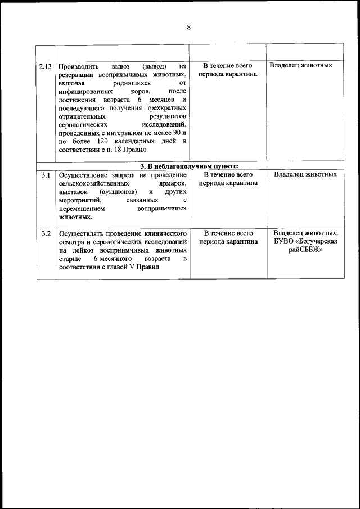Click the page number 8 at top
[x=188, y=28]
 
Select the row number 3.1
[x=46, y=175]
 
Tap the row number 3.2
[x=46, y=233]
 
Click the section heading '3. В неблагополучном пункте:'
[x=190, y=166]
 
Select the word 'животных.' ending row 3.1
[x=74, y=216]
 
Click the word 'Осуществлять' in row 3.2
[x=82, y=233]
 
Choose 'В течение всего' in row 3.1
[x=228, y=175]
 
